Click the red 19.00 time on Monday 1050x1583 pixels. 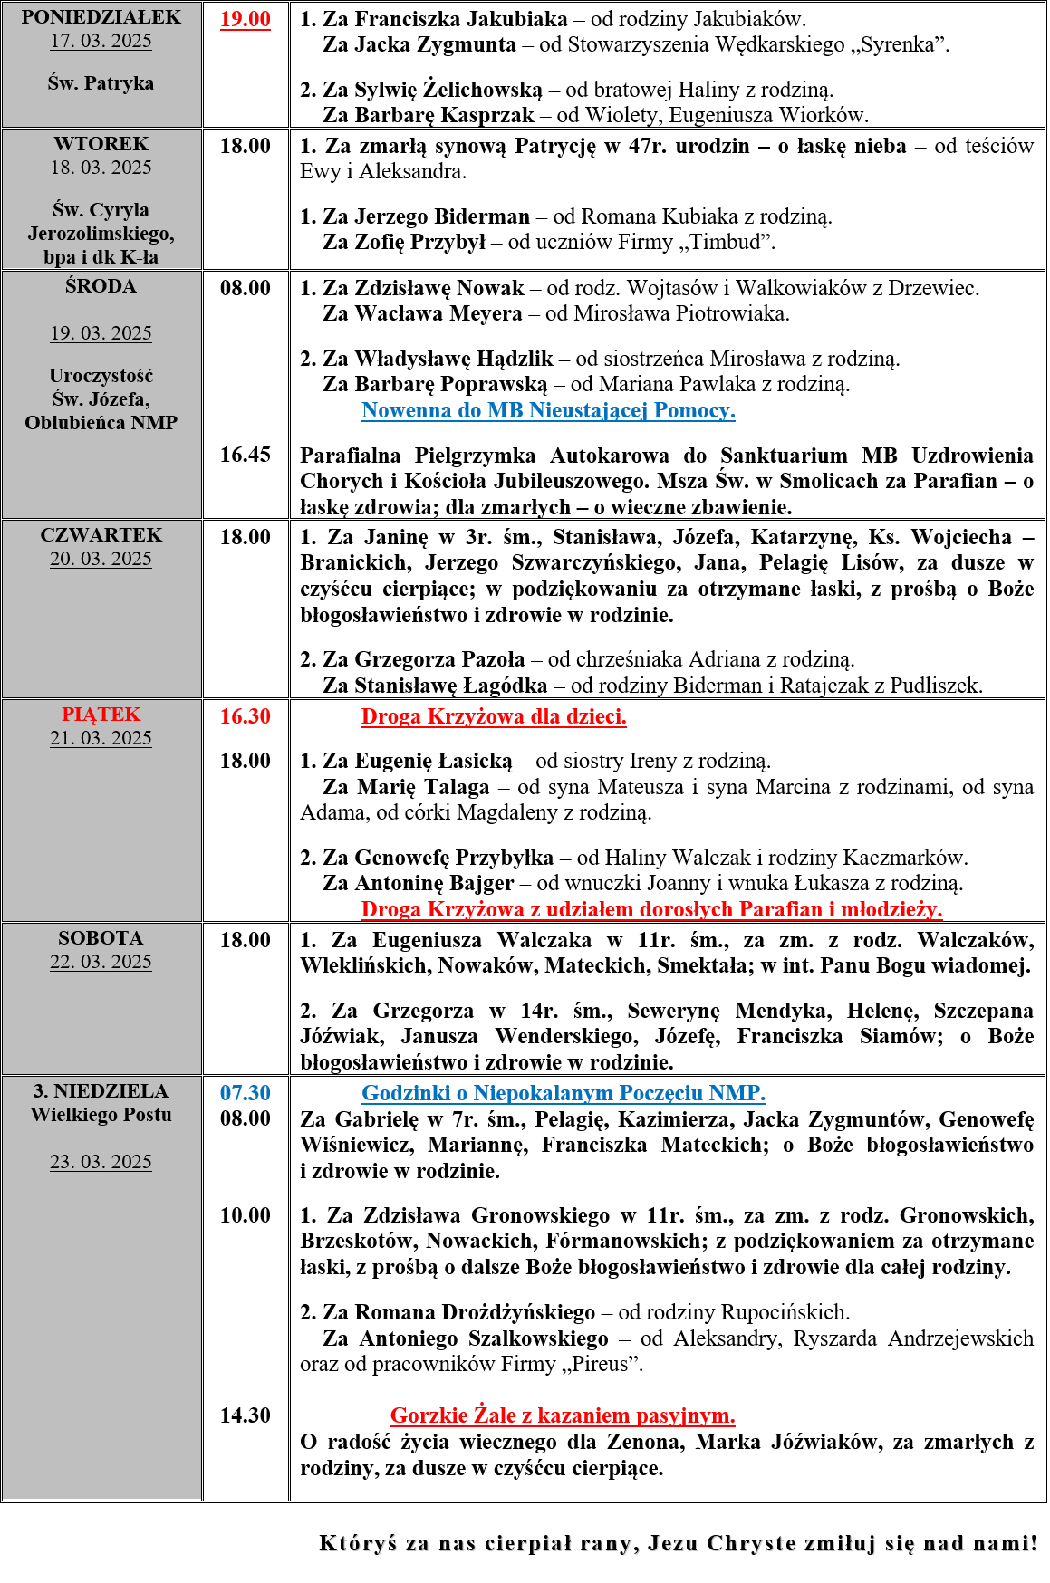245,19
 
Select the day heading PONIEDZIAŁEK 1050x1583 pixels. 101,17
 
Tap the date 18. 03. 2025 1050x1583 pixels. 101,168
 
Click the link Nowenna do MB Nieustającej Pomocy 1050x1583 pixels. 548,410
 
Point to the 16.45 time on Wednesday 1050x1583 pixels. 245,455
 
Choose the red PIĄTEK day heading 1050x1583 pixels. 101,715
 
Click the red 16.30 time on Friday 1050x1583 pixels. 245,716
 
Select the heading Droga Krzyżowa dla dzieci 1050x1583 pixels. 494,716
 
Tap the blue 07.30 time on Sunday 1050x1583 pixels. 245,1093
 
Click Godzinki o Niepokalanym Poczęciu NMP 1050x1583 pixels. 563,1093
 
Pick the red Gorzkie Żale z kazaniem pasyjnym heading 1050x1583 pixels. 563,1415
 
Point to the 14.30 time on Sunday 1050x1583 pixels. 245,1415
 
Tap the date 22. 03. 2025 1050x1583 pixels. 101,962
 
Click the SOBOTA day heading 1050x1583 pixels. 101,938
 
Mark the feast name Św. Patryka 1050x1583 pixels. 101,83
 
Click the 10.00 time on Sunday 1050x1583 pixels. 245,1215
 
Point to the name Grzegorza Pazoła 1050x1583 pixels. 439,659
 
